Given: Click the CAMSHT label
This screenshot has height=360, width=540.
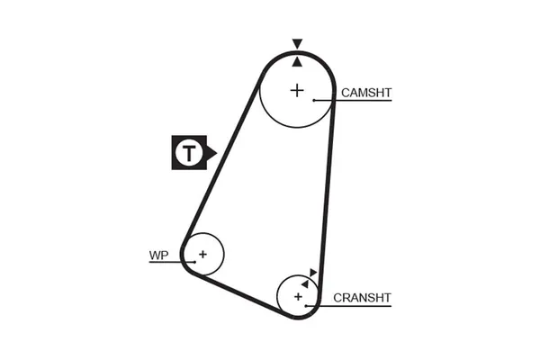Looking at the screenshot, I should click(367, 92).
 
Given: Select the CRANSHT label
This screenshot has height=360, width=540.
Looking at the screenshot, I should click(363, 297).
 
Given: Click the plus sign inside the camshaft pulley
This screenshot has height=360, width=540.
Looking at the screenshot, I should click(297, 89).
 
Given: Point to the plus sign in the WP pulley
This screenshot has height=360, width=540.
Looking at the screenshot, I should click(203, 254).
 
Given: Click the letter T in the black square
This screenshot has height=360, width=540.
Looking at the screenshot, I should click(188, 153).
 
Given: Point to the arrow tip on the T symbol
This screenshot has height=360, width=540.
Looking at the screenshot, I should click(215, 153).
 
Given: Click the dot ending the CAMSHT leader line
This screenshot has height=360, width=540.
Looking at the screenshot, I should click(313, 100).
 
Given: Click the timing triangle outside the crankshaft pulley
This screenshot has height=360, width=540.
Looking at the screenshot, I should click(312, 272).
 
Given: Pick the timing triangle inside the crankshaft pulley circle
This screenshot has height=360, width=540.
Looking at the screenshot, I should click(305, 283).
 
